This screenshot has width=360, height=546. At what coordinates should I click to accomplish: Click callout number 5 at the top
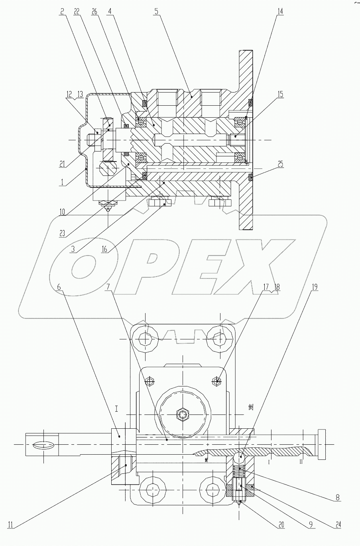[x=157, y=12]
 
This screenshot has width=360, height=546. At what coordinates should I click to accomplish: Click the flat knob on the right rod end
[x=322, y=445]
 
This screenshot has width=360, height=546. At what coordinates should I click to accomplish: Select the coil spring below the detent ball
[x=240, y=473]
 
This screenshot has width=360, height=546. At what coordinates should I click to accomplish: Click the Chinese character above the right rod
[x=251, y=407]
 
